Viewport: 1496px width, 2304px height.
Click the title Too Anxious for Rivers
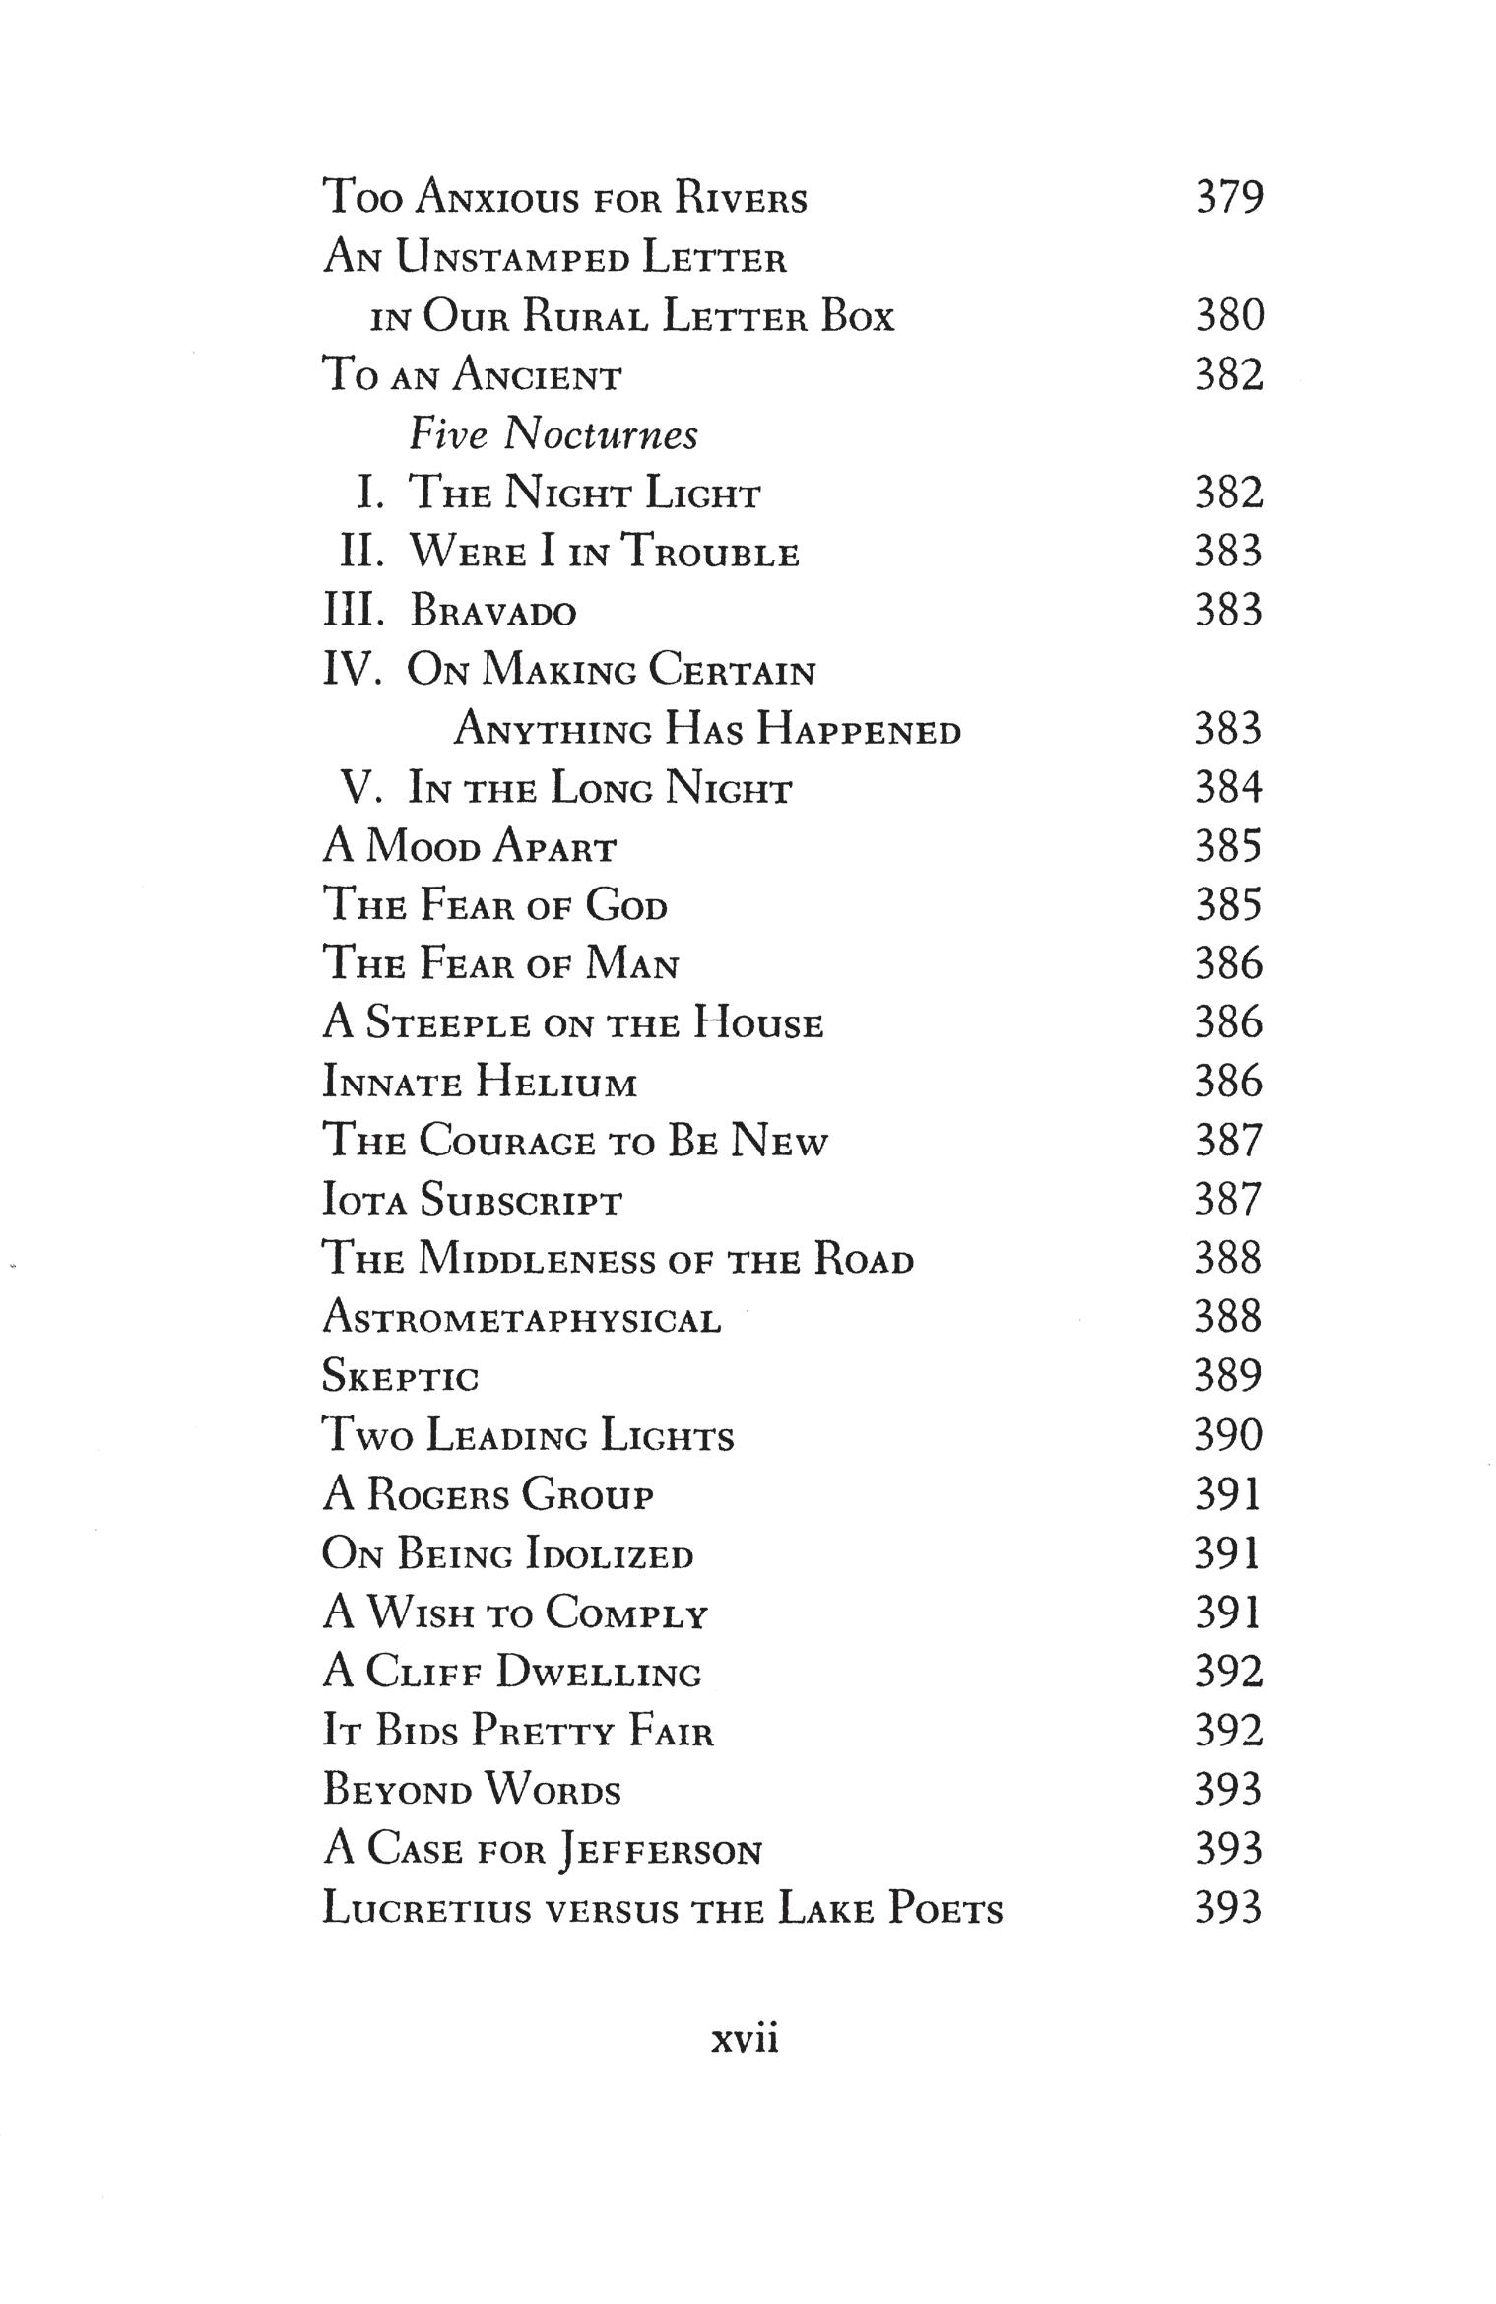[565, 198]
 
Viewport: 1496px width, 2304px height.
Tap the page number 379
[1228, 197]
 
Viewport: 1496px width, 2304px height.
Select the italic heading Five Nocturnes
[553, 434]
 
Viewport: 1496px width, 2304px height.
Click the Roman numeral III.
[352, 611]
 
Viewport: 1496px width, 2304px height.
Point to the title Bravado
[492, 612]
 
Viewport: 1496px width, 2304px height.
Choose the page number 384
[1228, 788]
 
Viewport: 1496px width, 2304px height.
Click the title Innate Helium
[480, 1083]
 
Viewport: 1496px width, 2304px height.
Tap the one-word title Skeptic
[400, 1377]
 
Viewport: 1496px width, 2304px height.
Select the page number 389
[1228, 1376]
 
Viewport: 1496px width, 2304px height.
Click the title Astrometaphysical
[522, 1319]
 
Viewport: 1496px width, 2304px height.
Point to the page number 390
[1228, 1435]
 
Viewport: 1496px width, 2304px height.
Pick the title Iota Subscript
[473, 1201]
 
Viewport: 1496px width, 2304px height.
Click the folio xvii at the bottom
[745, 2037]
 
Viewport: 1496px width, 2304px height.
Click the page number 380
[1228, 316]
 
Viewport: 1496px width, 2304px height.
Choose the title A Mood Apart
[470, 847]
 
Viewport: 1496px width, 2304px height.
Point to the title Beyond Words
[472, 1791]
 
